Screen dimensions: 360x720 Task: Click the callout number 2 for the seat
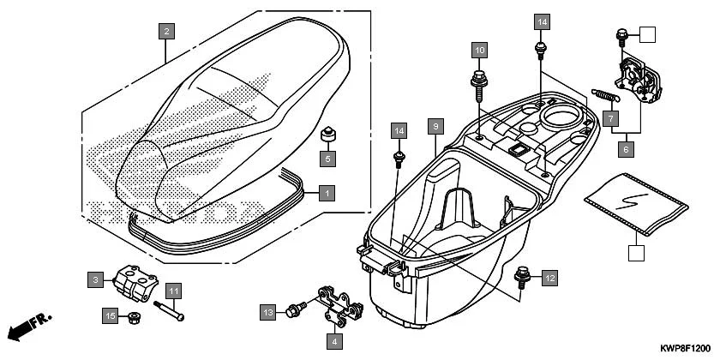(x=168, y=32)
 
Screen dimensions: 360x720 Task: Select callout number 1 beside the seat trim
(x=325, y=193)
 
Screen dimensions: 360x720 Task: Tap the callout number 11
(x=172, y=291)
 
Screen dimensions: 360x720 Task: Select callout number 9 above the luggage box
(x=435, y=127)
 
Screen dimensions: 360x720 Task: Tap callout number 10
(x=479, y=50)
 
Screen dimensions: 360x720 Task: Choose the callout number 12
(x=549, y=277)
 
